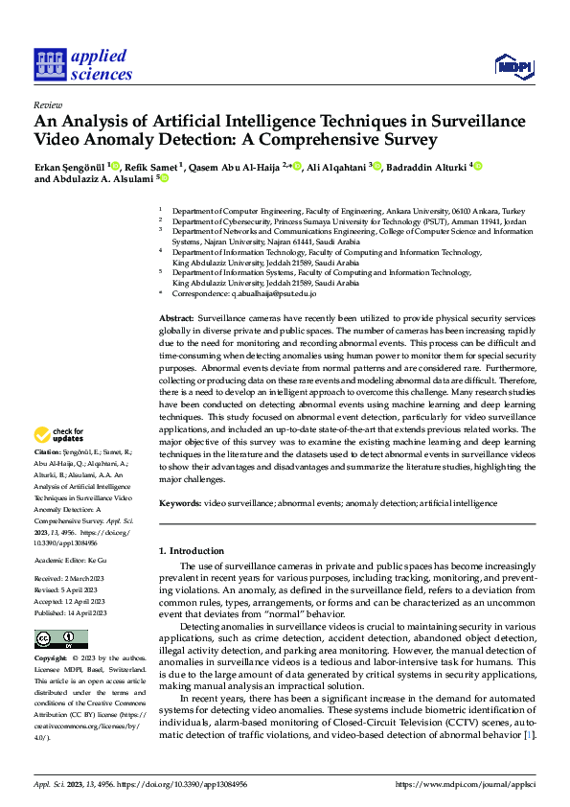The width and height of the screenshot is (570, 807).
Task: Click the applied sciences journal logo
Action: point(84,63)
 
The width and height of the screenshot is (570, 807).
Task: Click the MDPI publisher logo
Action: point(513,65)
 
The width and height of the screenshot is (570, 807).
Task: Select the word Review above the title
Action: point(47,104)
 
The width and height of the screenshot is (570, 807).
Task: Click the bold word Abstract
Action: point(176,316)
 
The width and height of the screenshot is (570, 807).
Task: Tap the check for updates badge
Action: point(59,435)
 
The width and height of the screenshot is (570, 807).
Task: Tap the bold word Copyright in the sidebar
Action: point(51,659)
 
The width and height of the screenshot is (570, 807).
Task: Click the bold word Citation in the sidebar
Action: point(48,450)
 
